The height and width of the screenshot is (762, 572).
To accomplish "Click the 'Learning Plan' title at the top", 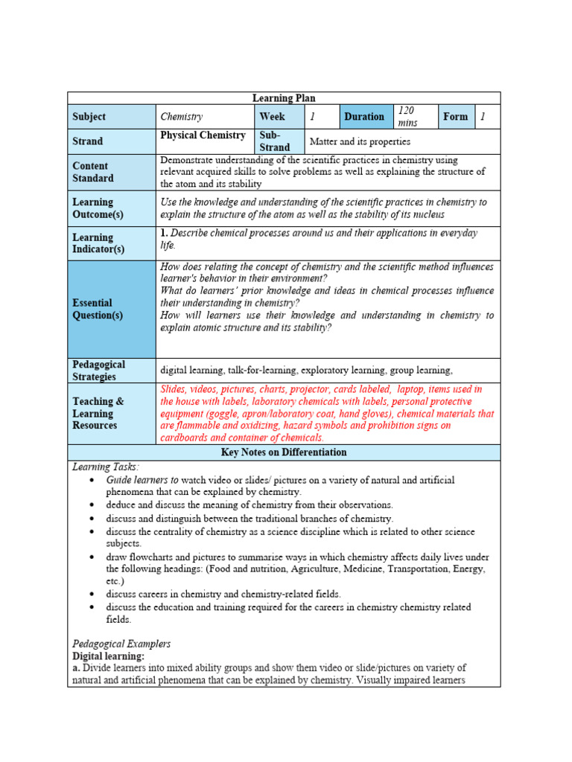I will pyautogui.click(x=284, y=98).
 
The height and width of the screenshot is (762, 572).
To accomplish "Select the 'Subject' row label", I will pyautogui.click(x=89, y=117).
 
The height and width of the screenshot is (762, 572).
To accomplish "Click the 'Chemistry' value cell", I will pyautogui.click(x=182, y=117).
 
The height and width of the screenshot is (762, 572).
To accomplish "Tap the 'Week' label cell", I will pyautogui.click(x=272, y=117).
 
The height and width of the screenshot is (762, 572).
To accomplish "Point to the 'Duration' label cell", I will pyautogui.click(x=364, y=117).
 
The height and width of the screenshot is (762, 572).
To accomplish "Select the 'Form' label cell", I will pyautogui.click(x=455, y=117).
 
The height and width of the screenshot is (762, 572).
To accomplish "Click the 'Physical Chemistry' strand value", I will pyautogui.click(x=203, y=135).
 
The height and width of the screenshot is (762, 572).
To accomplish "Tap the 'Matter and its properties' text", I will pyautogui.click(x=360, y=141).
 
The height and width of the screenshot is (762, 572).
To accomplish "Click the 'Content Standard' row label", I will pyautogui.click(x=93, y=172).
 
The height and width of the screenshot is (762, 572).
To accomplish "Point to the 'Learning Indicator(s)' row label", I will pyautogui.click(x=98, y=243).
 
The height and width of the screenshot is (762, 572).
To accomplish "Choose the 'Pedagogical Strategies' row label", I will pyautogui.click(x=99, y=371).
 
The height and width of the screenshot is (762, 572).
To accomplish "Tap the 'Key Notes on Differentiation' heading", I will pyautogui.click(x=284, y=452).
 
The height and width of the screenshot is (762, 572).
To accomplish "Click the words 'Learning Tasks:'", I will pyautogui.click(x=105, y=467).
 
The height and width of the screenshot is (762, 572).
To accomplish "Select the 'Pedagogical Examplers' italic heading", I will pyautogui.click(x=121, y=644).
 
